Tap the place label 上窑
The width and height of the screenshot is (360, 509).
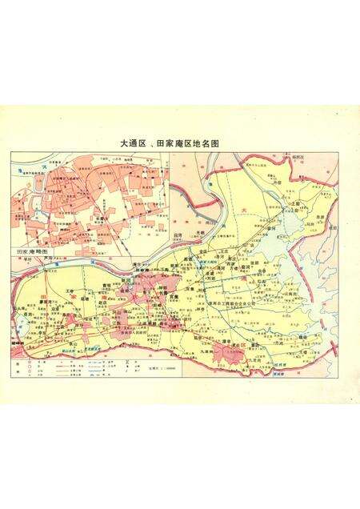pyautogui.click(x=294, y=205)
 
